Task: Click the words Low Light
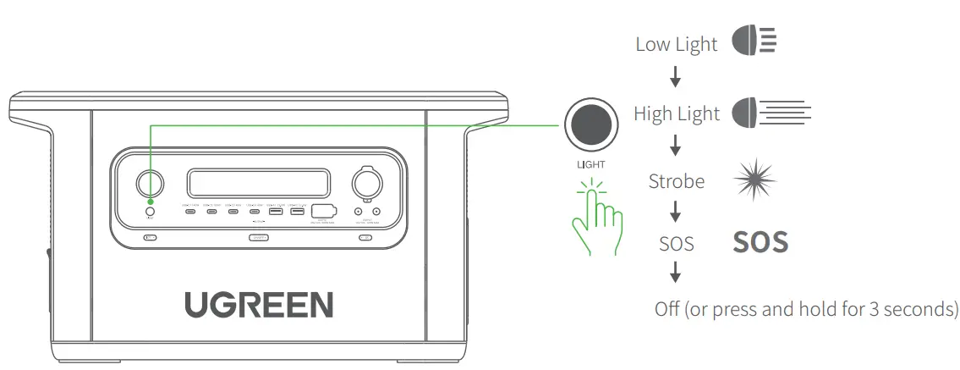coord(676,45)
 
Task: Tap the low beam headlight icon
coord(754,42)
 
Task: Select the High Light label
coord(677,114)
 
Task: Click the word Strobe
coord(676,181)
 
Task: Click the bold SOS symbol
coord(760,243)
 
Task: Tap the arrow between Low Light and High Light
coord(676,79)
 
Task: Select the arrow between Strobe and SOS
coord(676,212)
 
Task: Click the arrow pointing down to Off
coord(676,273)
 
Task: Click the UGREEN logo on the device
coord(259,304)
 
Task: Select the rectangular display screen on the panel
coord(258,182)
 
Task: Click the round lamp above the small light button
coord(151,183)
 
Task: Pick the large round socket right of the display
coord(367,182)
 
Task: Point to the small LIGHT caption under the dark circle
coord(590,163)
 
